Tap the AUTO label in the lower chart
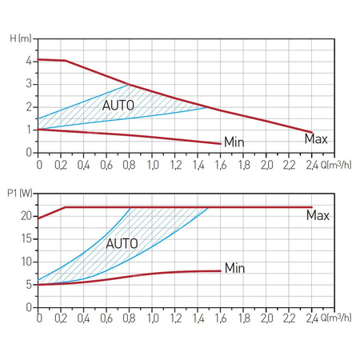122,242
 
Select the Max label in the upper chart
316,138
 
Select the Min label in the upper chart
234,142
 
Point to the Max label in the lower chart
318,215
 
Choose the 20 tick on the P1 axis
26,216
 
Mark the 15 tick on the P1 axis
26,238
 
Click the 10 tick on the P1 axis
26,262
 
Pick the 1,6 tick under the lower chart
221,318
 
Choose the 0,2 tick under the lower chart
62,318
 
